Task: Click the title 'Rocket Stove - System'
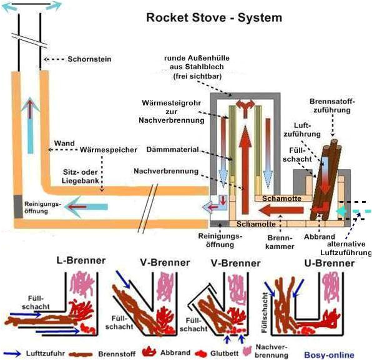[x=213, y=17]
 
